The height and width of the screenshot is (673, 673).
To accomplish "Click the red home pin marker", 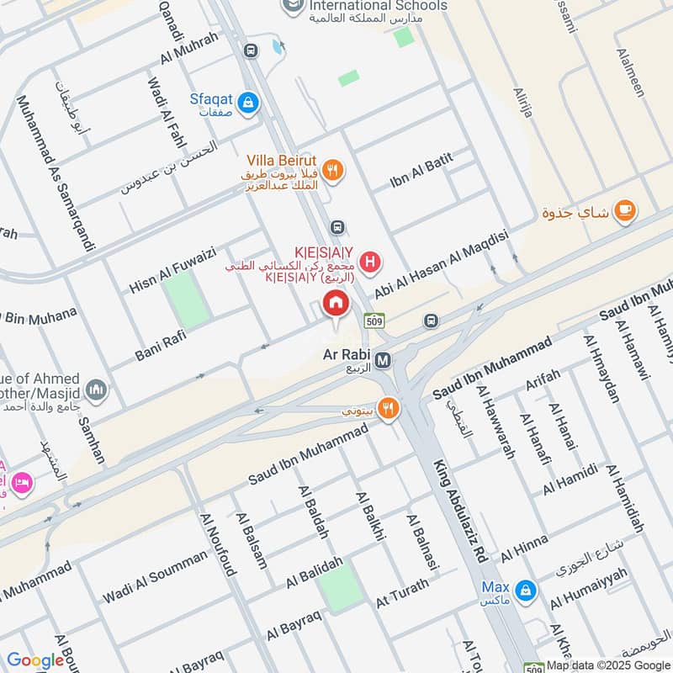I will (x=336, y=305).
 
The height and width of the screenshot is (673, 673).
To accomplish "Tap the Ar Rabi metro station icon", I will (x=383, y=360).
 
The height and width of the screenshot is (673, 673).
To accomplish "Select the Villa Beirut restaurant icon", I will (x=334, y=170).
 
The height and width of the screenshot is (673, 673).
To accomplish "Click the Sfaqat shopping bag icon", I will (x=247, y=104).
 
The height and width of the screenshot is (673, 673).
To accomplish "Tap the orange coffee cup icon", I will (x=623, y=212).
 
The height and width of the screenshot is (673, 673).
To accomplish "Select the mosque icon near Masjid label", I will (x=97, y=390).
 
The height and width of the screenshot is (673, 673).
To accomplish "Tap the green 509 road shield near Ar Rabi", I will (x=374, y=321).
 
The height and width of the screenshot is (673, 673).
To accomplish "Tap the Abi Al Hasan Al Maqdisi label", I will (x=442, y=264).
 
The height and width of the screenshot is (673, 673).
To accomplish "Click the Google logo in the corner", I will (x=35, y=660).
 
